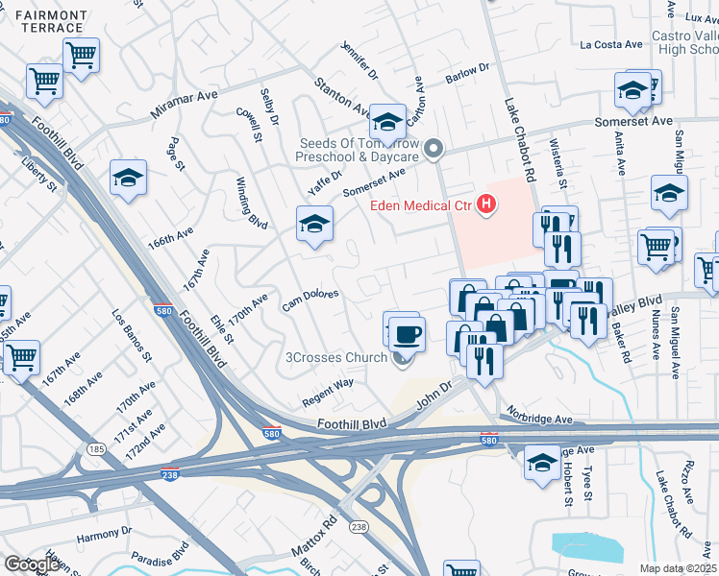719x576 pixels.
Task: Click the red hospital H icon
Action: point(487,204)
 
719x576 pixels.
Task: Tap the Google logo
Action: point(31,564)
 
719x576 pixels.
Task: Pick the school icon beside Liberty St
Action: point(128,178)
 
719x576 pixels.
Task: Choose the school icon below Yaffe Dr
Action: point(313,225)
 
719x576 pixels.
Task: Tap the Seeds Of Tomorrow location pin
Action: point(434,149)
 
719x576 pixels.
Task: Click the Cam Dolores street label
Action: point(309,300)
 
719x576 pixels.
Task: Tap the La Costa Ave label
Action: point(610,44)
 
